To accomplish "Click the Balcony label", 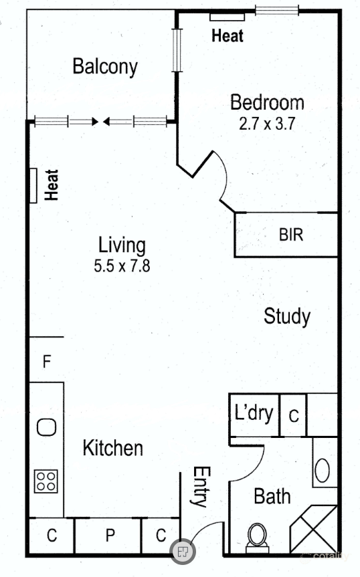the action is [105, 67].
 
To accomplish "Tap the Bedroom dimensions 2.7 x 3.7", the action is [267, 124].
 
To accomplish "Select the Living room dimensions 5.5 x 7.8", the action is [122, 265].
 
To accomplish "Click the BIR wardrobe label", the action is [291, 235].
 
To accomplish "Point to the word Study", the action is [287, 316].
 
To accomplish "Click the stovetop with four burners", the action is [46, 481].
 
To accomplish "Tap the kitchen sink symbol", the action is [47, 427].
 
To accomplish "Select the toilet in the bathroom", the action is [258, 538].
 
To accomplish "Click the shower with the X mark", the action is [313, 529].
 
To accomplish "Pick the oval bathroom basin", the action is [323, 470].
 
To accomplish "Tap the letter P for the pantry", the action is [110, 535].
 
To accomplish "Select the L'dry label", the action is [254, 413].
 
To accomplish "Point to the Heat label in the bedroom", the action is [228, 35].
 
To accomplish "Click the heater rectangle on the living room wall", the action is [33, 185].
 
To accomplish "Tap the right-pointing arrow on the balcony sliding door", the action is [84, 121].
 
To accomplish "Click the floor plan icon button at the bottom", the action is [183, 551].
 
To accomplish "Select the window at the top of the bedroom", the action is [277, 10].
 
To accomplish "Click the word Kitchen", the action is [112, 448].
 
